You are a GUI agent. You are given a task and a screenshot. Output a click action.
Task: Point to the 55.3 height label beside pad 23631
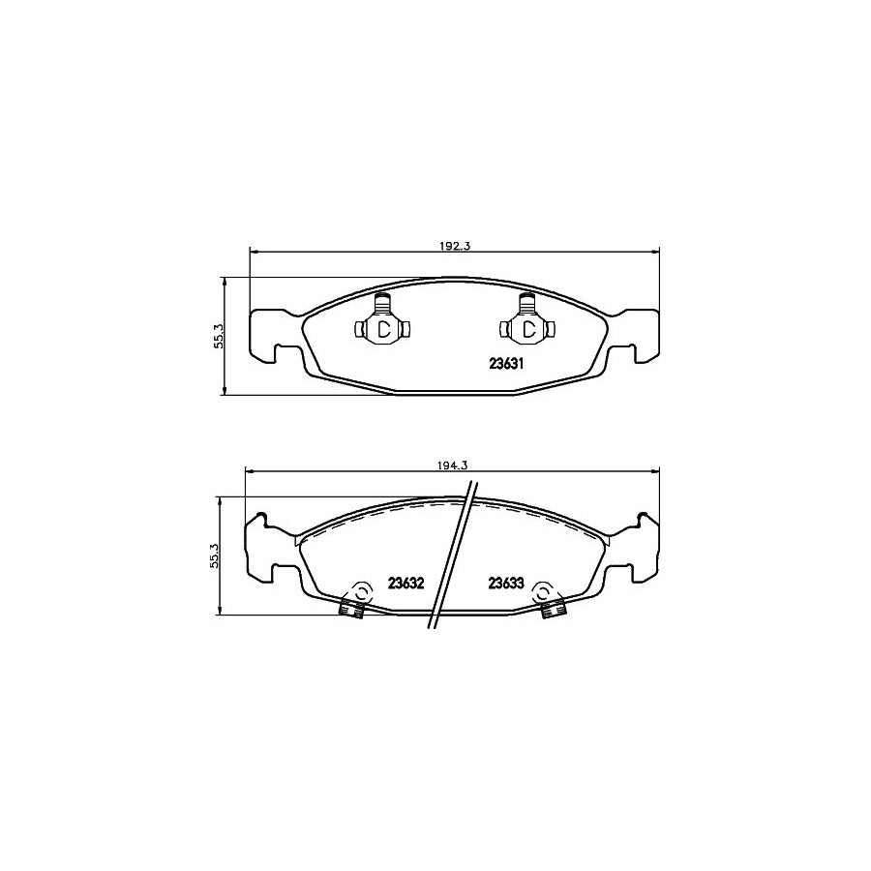pos(219,335)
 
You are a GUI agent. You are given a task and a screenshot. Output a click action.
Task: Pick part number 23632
pos(406,584)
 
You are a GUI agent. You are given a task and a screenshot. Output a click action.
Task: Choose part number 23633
pos(505,584)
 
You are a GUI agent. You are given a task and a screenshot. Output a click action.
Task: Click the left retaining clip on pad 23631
pos(383,327)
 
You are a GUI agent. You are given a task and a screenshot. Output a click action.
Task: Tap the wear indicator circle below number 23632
pos(360,592)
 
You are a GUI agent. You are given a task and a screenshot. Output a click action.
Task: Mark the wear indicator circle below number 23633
pos(543,592)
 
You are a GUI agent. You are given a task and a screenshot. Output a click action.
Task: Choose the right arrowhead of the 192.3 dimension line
pos(657,254)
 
